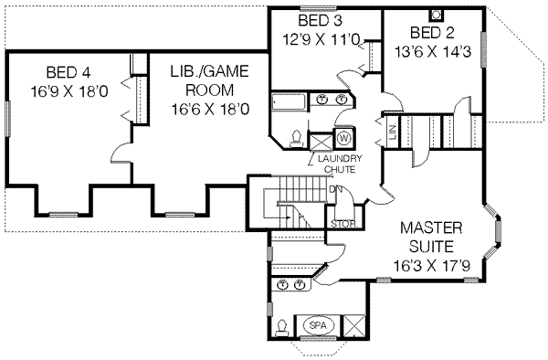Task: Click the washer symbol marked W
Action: (345, 138)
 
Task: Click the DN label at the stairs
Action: (335, 189)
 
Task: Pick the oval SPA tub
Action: (317, 325)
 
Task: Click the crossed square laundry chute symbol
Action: (321, 141)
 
